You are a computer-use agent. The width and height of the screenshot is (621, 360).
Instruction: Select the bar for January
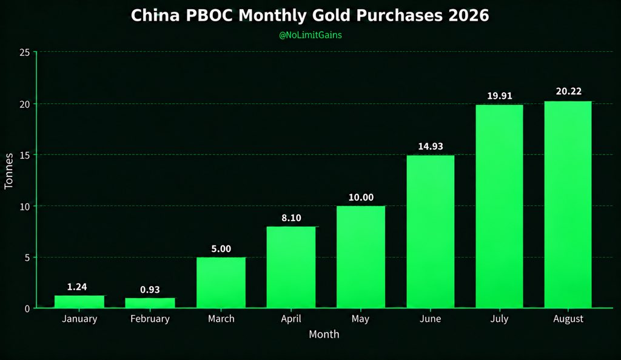(x=79, y=301)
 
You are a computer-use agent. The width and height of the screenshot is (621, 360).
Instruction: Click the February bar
(x=150, y=302)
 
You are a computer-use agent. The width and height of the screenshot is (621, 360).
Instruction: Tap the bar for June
(x=431, y=232)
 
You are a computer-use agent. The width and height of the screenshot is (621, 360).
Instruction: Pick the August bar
(x=568, y=204)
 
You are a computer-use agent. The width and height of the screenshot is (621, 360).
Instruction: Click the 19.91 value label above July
(x=500, y=96)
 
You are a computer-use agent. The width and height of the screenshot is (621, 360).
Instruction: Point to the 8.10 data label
(x=292, y=218)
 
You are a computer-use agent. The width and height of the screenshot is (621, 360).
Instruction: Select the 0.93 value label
(x=150, y=290)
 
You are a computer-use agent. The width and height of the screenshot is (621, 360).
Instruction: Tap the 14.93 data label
(x=431, y=147)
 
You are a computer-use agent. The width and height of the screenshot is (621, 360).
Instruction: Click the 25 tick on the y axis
(x=24, y=52)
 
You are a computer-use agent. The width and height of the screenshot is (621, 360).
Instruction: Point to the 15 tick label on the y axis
(x=24, y=155)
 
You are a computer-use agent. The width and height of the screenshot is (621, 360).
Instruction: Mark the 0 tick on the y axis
(x=27, y=308)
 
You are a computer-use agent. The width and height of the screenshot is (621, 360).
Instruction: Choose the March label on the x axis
(x=221, y=319)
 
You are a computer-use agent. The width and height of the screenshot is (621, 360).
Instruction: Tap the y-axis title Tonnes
(x=8, y=171)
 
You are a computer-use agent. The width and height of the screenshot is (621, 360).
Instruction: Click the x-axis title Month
(x=324, y=335)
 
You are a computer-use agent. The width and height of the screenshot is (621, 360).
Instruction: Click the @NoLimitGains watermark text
(x=310, y=35)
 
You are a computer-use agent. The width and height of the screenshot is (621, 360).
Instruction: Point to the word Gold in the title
(x=332, y=15)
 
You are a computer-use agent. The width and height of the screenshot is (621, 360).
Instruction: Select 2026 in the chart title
(x=469, y=15)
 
